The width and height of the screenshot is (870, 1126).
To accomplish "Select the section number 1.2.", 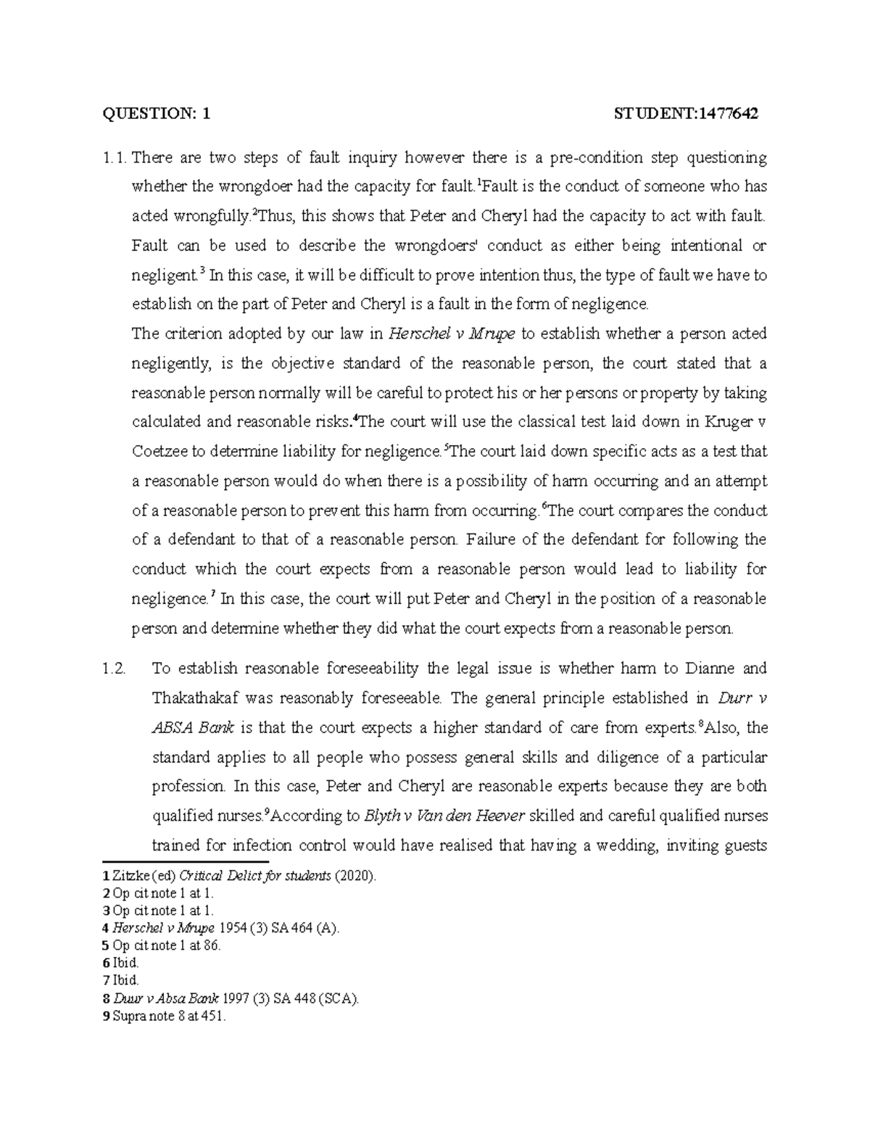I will (x=114, y=668).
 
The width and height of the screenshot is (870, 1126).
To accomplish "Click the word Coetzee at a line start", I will (x=159, y=452).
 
